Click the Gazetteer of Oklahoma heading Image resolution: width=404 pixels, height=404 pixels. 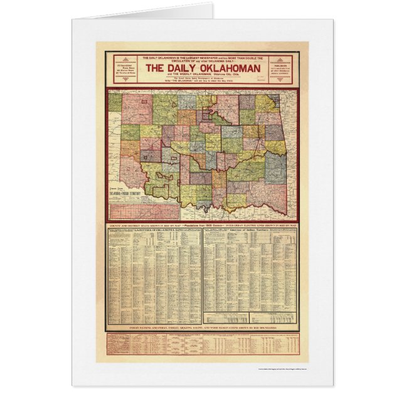(x=154, y=231)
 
